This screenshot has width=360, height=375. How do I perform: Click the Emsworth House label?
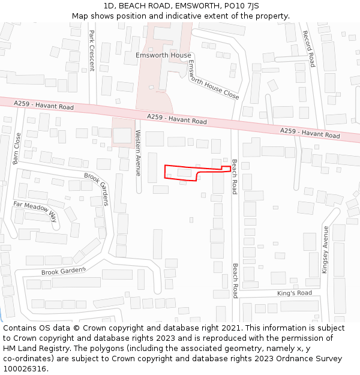click(x=163, y=55)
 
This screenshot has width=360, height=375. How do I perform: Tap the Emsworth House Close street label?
click(x=213, y=80)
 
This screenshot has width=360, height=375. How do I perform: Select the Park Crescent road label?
click(x=92, y=50)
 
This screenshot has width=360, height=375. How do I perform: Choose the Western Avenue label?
click(x=138, y=152)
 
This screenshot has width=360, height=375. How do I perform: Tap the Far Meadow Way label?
click(x=36, y=211)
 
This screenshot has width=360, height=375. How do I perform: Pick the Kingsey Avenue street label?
click(x=325, y=250)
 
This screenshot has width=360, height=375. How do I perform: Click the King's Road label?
click(x=295, y=293)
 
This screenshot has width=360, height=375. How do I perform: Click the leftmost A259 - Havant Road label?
click(x=44, y=106)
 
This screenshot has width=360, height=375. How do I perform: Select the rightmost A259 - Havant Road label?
click(x=310, y=133)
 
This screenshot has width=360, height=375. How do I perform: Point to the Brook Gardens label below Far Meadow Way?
click(x=64, y=271)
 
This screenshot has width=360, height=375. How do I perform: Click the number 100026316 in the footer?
click(x=26, y=368)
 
